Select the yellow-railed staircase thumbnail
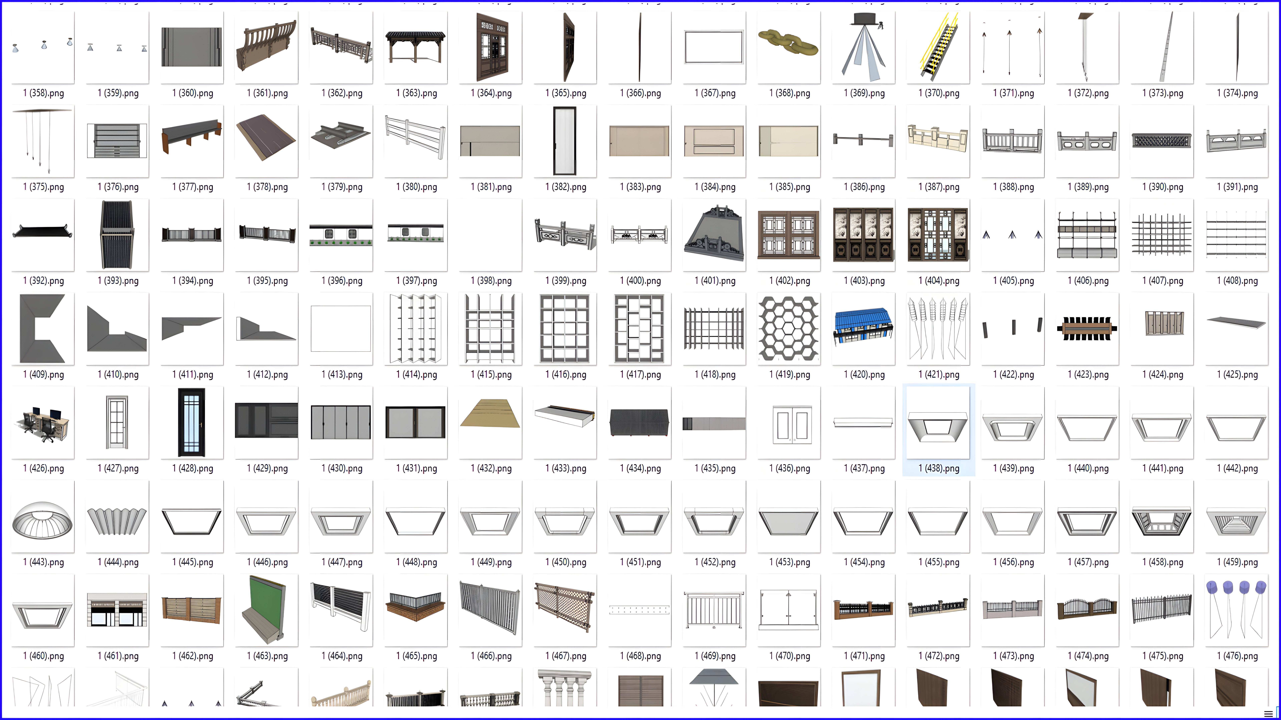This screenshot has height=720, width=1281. coord(938,47)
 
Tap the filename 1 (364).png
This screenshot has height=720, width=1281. coord(491,93)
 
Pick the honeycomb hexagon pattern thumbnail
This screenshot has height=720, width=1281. coord(788,328)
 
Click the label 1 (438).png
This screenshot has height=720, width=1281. coord(938,468)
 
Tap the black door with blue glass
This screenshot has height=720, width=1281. coord(191,422)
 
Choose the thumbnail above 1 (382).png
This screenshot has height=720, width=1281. coord(565,141)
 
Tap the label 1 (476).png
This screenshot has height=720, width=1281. coord(1237,656)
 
